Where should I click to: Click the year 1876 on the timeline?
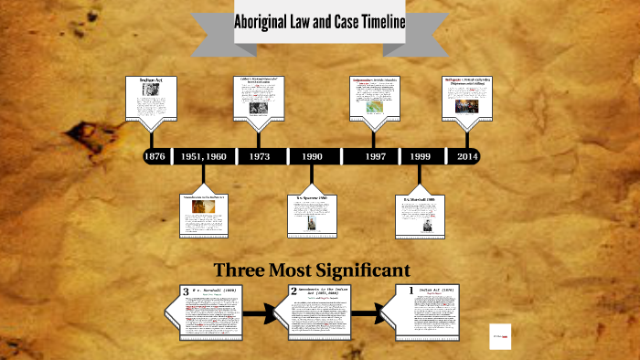155,156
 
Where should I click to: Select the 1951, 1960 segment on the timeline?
203,156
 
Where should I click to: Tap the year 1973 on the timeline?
259,156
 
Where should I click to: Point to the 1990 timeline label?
313,156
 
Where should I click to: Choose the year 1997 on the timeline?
375,156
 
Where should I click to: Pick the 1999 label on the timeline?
421,156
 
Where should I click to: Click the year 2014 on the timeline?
468,156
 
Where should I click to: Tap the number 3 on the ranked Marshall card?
186,291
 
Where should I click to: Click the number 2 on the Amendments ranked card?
294,291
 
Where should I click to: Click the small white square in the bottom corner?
499,334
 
